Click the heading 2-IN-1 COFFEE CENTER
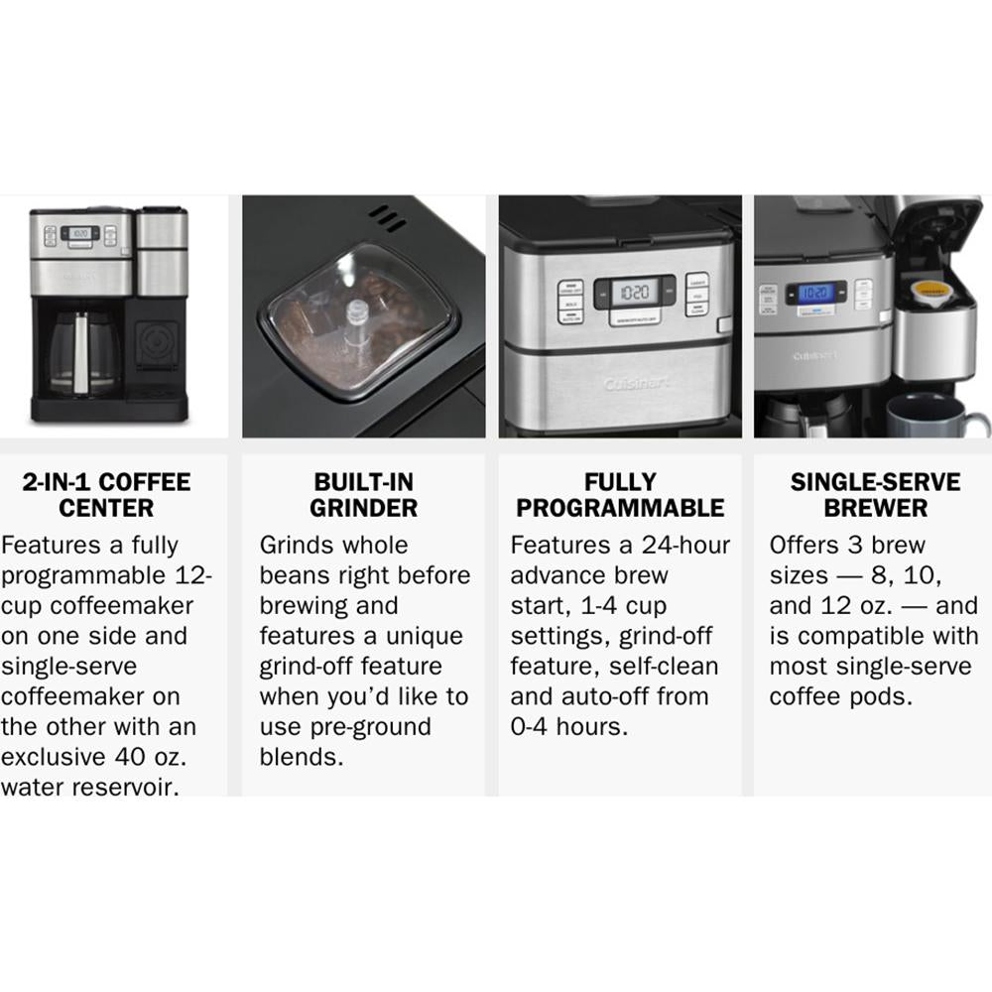[106, 495]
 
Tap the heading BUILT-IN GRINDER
[364, 495]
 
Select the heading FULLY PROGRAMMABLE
[620, 495]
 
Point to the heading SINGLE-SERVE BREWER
[876, 495]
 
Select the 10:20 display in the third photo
[633, 292]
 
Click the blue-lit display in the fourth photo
[815, 293]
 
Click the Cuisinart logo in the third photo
[636, 383]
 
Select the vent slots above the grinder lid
[387, 218]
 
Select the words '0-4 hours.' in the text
[568, 726]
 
